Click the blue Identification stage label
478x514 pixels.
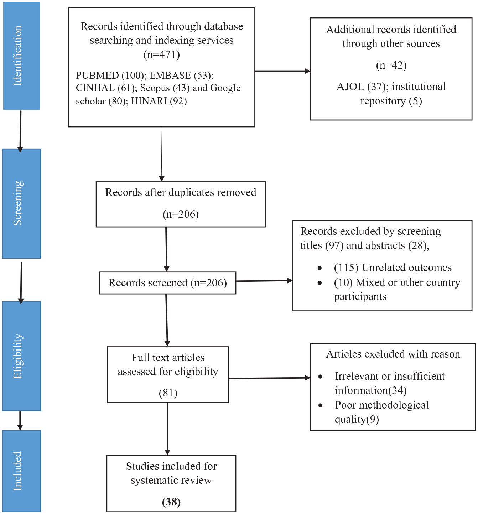21,56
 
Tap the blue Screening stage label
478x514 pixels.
21,203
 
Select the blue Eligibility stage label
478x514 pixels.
21,356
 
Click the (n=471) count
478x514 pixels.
162,54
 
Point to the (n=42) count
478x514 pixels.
391,65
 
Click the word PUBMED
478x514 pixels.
97,75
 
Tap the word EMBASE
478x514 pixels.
170,75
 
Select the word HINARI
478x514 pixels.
149,101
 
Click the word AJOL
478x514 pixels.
350,87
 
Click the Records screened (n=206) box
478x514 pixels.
168,283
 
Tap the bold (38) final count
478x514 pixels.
171,502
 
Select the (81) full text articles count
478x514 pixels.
168,393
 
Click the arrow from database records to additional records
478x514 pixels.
282,71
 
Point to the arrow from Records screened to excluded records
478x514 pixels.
264,281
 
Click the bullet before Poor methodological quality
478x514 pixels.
321,406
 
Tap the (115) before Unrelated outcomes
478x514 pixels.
346,268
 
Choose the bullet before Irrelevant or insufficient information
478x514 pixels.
321,377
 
